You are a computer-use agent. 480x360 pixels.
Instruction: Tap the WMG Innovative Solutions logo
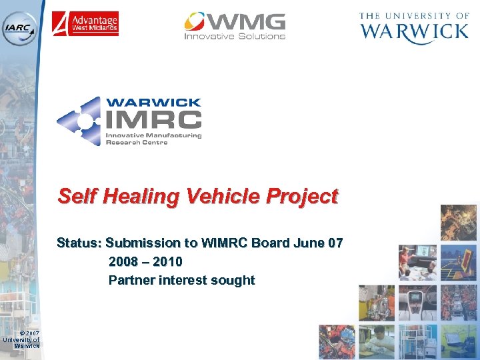pos(235,26)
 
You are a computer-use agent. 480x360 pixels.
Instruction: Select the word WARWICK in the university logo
pos(415,31)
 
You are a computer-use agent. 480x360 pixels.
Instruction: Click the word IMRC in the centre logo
pos(153,119)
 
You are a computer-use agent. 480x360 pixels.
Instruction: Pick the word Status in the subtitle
pos(77,243)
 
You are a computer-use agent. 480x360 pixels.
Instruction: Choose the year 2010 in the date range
pos(167,261)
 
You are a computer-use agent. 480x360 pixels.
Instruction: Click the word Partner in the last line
pos(131,280)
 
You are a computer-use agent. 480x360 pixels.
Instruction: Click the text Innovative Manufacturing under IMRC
pos(153,135)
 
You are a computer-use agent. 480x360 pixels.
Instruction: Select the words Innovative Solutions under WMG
pos(235,36)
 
